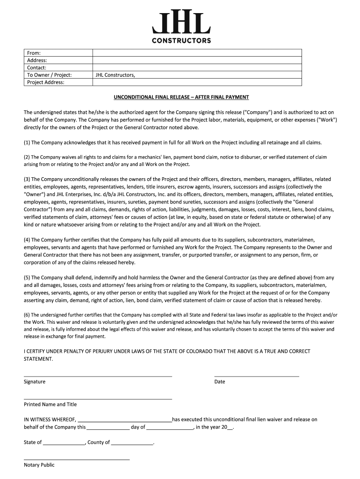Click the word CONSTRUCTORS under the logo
[x=181, y=41]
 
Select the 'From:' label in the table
[x=34, y=53]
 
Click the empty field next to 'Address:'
[x=196, y=60]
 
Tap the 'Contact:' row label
[x=36, y=68]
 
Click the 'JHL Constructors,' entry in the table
[x=115, y=75]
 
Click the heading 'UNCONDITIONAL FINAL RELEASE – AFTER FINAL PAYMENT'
[x=181, y=97]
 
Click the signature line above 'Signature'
[x=98, y=376]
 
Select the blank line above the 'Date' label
[x=256, y=376]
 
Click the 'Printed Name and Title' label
[x=50, y=404]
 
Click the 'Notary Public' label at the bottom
[x=39, y=465]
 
